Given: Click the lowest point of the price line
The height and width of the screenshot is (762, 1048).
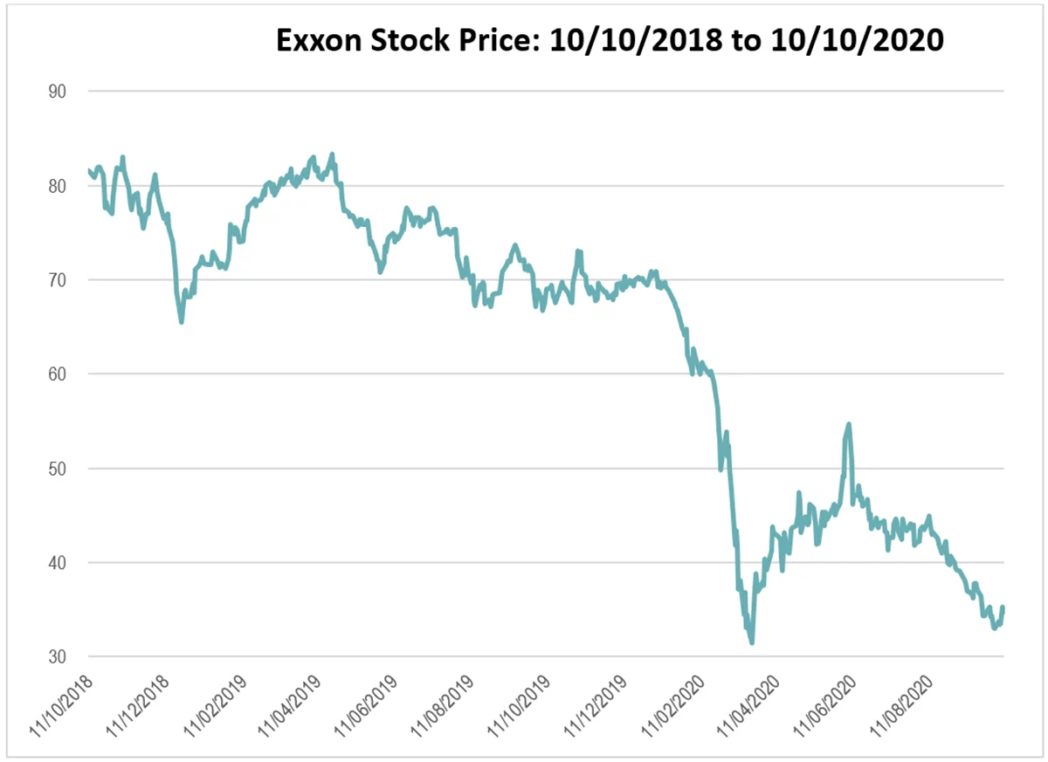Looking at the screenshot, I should [x=751, y=643].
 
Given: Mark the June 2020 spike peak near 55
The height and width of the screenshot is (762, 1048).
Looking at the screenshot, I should [x=848, y=424].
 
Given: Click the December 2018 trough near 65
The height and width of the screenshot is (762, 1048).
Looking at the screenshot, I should [x=181, y=322].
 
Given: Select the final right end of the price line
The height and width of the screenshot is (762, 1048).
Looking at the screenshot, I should [x=1003, y=608].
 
